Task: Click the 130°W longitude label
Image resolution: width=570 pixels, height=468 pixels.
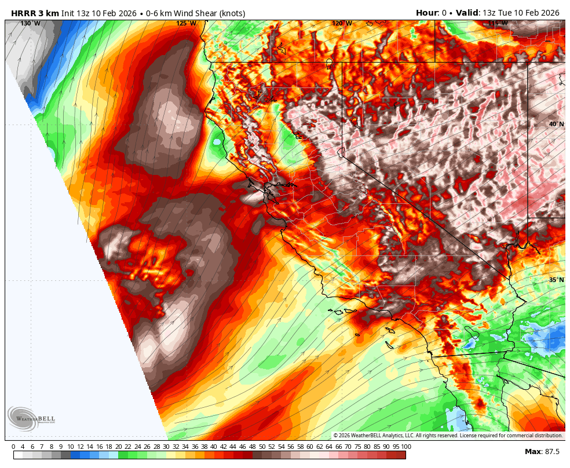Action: point(30,23)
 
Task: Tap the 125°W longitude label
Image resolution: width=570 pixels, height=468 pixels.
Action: point(186,23)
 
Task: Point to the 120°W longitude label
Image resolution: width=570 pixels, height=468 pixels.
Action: point(342,23)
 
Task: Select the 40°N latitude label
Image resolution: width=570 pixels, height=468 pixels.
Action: point(556,124)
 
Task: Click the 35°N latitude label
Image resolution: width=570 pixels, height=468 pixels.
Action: point(556,280)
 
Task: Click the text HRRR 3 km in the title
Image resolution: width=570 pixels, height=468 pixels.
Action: point(35,13)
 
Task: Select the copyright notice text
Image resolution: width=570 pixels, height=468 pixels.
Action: point(448,436)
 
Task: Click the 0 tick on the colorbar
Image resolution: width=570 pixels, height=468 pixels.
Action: point(13,447)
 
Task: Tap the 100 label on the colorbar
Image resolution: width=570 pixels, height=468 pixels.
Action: point(405,447)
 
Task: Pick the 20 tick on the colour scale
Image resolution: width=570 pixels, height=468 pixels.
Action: point(118,447)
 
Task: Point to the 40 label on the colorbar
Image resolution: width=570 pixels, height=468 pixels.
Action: point(214,447)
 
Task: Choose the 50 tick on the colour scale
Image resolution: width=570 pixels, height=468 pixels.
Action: point(262,447)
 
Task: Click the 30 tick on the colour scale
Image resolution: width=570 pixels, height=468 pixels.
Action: point(166,447)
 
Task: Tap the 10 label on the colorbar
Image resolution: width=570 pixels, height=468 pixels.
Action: point(70,447)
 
